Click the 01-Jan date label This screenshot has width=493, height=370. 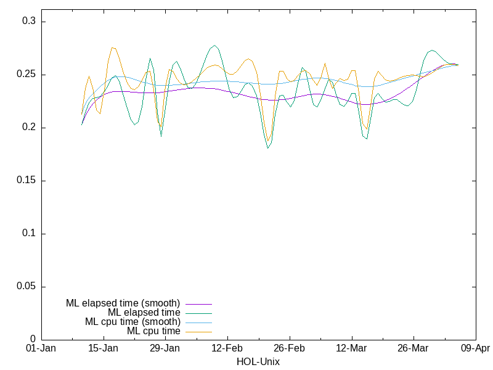pos(41,348)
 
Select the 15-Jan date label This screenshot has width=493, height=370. pos(103,348)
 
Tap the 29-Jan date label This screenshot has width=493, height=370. pos(165,348)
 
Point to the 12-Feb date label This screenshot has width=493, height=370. pos(227,348)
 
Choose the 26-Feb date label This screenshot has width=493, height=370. pos(289,348)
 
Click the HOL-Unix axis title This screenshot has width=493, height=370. pos(258,361)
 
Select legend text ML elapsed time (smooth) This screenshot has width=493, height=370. pos(123,303)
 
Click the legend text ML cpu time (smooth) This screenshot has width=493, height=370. pos(132,322)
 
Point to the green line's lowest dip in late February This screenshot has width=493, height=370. pos(268,148)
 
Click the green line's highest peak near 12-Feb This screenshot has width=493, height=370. pos(214,46)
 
